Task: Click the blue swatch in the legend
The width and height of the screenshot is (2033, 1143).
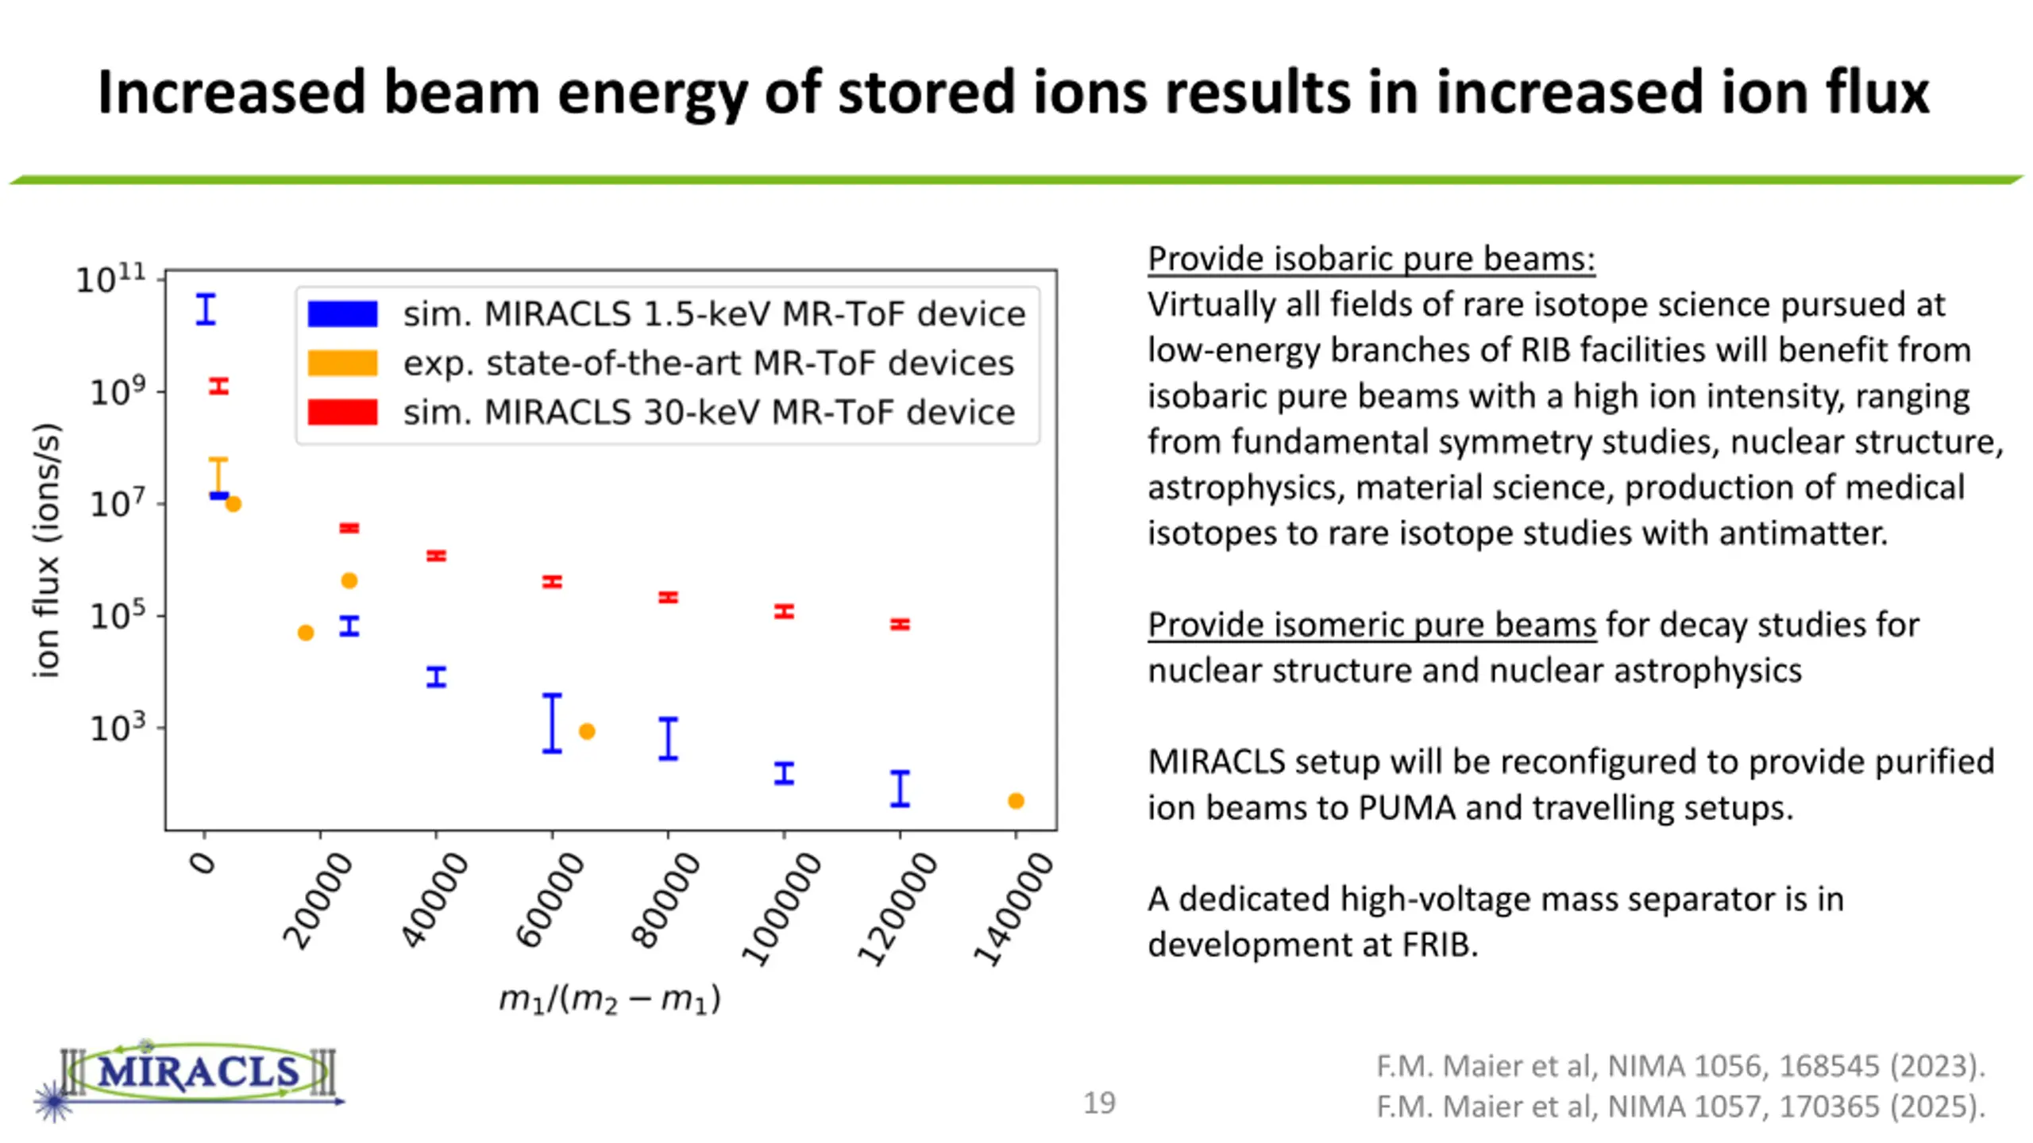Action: pos(342,314)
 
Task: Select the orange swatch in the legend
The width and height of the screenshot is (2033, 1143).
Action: pos(342,363)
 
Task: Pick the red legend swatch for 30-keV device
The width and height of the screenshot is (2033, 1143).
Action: pos(342,412)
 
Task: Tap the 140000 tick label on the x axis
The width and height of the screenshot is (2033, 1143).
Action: pos(1014,908)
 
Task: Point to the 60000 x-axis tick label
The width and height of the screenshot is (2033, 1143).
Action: pos(550,899)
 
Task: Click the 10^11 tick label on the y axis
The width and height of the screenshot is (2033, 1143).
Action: pos(111,279)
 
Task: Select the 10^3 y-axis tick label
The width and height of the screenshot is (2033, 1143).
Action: pos(118,727)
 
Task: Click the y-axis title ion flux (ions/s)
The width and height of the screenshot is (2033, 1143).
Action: pos(46,550)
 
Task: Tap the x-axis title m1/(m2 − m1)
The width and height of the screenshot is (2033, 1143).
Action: pos(610,999)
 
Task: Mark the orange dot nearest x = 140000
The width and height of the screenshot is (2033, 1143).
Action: pos(1016,801)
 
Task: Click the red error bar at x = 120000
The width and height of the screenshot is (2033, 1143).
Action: pos(900,625)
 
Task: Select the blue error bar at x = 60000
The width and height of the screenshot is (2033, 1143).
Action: pos(552,723)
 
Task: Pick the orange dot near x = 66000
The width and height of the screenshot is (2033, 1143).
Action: pos(587,731)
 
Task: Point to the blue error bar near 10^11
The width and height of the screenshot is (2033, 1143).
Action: pos(206,309)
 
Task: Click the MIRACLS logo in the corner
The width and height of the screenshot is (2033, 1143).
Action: pos(191,1076)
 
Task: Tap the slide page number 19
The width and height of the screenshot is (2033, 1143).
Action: pos(1099,1103)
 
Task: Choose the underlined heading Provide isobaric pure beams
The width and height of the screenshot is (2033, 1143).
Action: pos(1371,259)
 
